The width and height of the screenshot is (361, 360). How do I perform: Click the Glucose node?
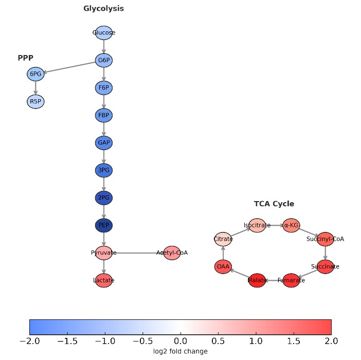(104, 33)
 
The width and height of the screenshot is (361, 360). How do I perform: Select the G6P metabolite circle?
(104, 61)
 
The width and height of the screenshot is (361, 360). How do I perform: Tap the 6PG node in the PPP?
(35, 74)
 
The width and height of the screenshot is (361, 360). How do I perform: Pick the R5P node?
(35, 101)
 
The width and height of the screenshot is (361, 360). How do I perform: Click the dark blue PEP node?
(104, 225)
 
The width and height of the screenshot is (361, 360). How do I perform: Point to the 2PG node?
(104, 197)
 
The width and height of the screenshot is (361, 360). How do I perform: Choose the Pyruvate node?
(104, 253)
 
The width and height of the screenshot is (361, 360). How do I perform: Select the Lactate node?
(104, 280)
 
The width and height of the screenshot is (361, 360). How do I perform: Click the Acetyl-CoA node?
(172, 253)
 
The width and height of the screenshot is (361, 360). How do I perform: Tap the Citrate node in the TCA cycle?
(223, 239)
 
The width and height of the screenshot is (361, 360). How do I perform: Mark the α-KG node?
(291, 225)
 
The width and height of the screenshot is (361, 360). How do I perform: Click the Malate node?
(257, 280)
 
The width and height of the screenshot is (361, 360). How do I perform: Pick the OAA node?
(223, 266)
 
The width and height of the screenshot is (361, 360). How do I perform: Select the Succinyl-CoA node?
(325, 239)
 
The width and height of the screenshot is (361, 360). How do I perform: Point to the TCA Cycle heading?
(274, 204)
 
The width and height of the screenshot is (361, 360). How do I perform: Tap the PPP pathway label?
(25, 58)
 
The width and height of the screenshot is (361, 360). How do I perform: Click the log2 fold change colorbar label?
(180, 351)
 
